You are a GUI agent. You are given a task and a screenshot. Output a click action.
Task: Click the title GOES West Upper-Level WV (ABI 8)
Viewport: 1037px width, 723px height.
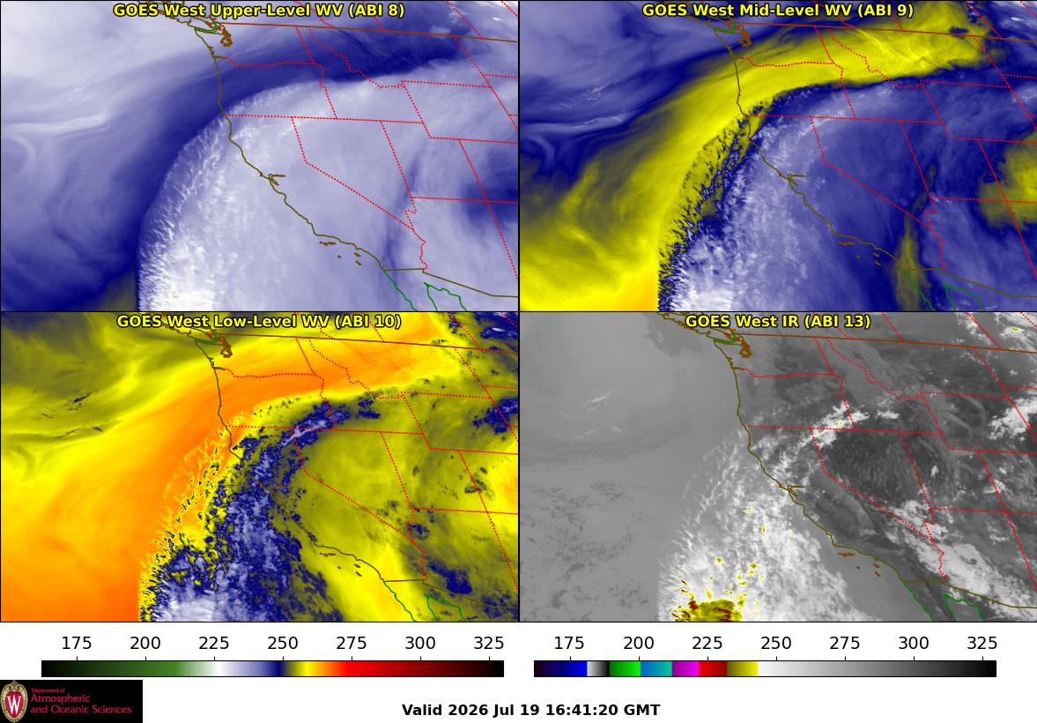(x=258, y=10)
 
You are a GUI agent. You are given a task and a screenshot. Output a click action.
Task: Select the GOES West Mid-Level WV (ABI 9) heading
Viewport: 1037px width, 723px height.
(x=778, y=10)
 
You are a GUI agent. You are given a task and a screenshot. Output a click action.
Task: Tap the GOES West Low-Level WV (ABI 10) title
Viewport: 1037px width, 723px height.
(x=258, y=321)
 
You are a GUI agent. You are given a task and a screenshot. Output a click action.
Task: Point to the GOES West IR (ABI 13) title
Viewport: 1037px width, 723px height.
(x=778, y=321)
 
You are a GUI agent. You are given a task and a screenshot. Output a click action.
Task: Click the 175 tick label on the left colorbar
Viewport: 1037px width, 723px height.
(x=77, y=643)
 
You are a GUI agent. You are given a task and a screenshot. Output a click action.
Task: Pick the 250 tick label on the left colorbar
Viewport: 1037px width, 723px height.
(x=283, y=643)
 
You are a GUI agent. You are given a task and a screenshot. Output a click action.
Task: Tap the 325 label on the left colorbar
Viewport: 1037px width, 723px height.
(x=489, y=643)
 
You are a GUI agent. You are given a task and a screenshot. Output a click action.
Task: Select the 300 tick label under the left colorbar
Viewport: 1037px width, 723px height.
(x=420, y=643)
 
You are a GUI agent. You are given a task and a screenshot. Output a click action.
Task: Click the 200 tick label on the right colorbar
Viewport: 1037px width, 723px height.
(x=638, y=643)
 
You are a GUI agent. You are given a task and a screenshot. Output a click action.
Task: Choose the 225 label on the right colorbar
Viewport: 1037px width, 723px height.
(x=707, y=643)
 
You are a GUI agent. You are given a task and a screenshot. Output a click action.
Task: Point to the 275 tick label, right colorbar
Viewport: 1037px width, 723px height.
(x=845, y=643)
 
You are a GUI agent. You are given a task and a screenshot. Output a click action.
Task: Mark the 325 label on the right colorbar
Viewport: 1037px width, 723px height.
(x=982, y=643)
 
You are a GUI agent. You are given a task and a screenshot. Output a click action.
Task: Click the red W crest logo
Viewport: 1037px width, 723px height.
(x=14, y=702)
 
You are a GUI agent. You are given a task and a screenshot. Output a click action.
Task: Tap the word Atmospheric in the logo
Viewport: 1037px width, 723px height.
(x=60, y=699)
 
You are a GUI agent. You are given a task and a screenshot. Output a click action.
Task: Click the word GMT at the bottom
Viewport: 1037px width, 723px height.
(x=643, y=711)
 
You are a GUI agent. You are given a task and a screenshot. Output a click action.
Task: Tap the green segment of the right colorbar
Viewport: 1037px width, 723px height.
(x=625, y=668)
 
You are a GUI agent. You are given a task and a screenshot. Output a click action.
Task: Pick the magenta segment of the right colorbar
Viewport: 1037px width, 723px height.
(x=685, y=668)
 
